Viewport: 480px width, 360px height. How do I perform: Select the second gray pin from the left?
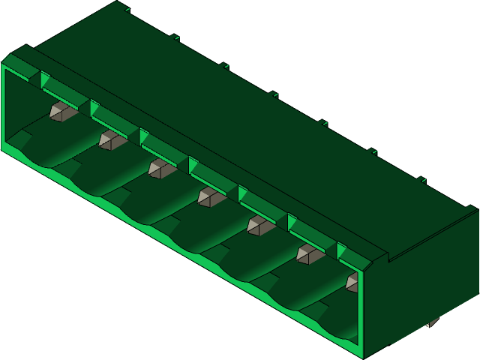[111, 140]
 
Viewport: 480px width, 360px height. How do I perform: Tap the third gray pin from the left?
[160, 168]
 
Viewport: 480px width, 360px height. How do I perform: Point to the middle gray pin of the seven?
[210, 196]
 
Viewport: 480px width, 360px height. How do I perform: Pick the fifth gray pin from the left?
[259, 225]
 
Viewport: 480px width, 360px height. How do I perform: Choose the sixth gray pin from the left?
[308, 253]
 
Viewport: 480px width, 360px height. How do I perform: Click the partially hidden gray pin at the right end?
[352, 282]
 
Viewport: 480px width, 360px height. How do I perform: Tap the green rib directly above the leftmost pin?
[64, 92]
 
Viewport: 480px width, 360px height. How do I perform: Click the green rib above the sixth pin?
[312, 233]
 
